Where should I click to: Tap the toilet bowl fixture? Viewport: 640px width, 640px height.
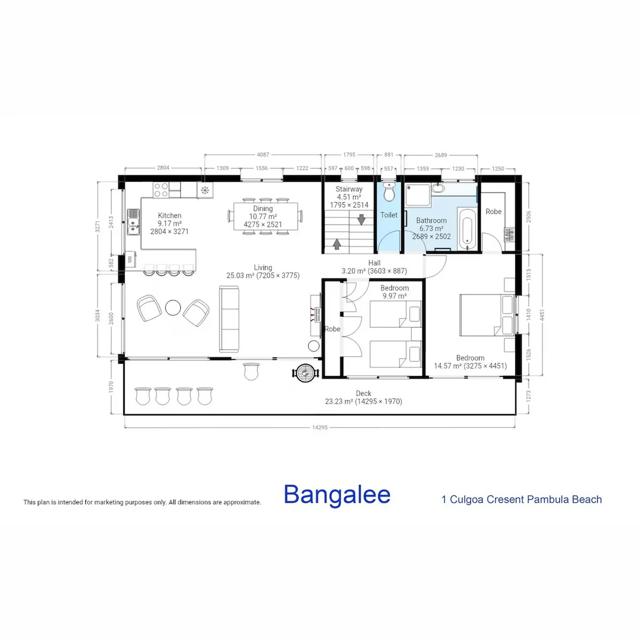point(389,193)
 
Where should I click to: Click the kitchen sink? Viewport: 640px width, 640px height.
point(133,223)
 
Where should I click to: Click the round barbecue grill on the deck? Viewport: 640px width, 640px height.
point(306,373)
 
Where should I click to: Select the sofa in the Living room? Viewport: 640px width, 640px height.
point(229,319)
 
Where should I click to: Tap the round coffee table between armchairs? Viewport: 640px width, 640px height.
point(173,308)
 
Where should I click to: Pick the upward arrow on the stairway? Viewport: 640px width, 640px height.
point(337,243)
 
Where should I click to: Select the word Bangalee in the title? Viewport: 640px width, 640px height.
point(337,495)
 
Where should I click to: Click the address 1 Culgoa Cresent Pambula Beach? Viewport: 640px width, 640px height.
point(521,500)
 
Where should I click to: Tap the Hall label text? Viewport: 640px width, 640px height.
point(374,263)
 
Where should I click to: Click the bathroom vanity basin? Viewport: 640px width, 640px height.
point(437,188)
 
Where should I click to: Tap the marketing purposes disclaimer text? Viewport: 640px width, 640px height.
point(142,503)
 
